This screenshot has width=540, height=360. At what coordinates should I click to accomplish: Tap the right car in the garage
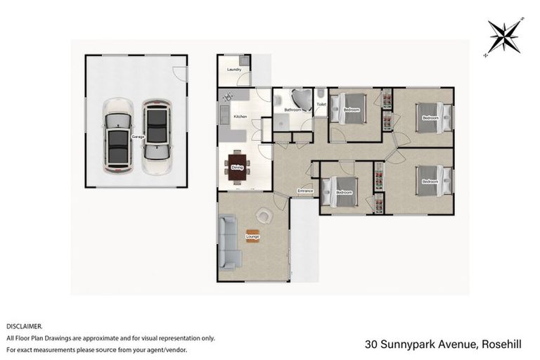tap(156, 137)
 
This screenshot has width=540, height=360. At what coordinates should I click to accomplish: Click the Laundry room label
tap(235, 70)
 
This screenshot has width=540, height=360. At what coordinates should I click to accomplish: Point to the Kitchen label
tap(240, 116)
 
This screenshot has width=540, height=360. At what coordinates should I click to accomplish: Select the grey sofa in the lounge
tap(228, 243)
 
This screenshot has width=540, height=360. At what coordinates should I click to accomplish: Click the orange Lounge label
tap(252, 236)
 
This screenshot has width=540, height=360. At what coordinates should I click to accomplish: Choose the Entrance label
tap(305, 191)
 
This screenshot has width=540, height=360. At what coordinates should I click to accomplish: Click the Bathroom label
tap(292, 110)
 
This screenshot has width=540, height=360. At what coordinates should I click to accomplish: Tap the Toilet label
tap(321, 104)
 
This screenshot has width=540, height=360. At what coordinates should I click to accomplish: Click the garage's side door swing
tap(181, 72)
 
